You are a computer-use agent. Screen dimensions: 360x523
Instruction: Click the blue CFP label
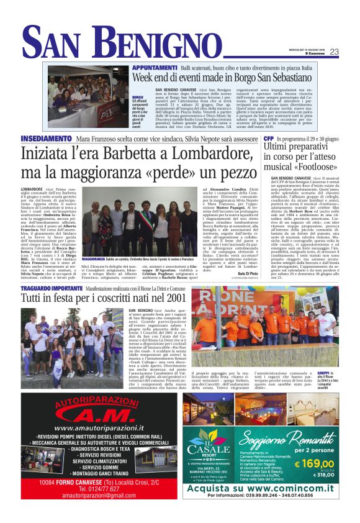(268, 138)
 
